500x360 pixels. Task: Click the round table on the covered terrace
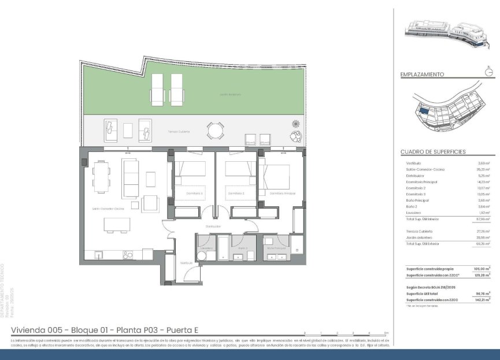tap(214, 131)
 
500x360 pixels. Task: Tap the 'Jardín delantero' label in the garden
tap(229, 94)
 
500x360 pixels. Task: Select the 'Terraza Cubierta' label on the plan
tap(179, 132)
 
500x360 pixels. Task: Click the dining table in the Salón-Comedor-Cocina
tap(101, 177)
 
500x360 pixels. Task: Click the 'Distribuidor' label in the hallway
tap(212, 227)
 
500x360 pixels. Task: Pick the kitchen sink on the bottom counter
tap(99, 254)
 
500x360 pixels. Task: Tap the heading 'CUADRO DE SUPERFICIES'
tap(433, 152)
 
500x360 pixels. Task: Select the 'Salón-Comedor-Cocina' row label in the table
tap(425, 169)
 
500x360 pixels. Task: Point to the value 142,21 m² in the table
tap(479, 300)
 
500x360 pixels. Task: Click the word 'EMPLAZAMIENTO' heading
tap(422, 75)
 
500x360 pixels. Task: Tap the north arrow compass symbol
tap(488, 72)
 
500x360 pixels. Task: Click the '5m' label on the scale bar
tap(386, 333)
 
